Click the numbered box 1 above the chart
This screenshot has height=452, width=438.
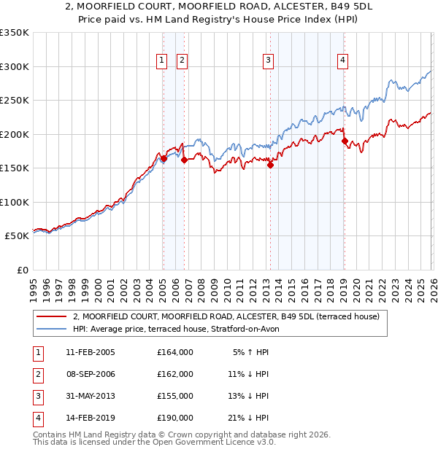(161, 61)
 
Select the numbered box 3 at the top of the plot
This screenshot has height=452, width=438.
(269, 61)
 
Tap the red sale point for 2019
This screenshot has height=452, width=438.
(344, 141)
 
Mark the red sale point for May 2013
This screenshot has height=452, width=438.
(270, 165)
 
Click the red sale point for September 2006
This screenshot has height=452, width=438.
(184, 160)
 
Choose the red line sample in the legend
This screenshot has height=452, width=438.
(52, 317)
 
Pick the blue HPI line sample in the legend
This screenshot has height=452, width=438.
(52, 330)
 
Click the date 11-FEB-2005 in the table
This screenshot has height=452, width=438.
(91, 352)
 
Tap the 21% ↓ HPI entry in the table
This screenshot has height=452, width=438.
(248, 418)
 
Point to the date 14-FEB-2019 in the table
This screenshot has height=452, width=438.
(91, 418)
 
